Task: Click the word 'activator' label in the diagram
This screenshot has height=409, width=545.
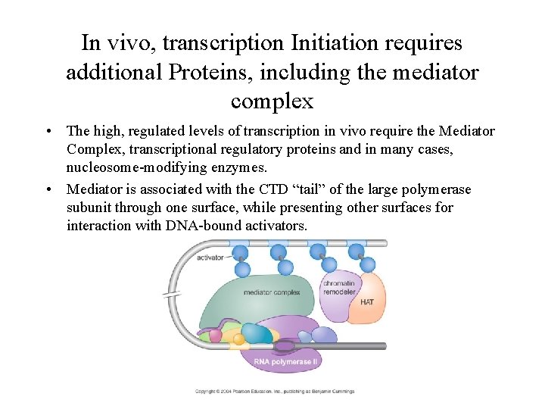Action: pyautogui.click(x=210, y=258)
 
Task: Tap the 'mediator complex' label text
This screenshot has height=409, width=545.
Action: pyautogui.click(x=272, y=292)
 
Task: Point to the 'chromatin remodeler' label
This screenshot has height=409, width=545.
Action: pyautogui.click(x=340, y=289)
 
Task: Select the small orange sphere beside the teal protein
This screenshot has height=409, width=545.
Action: pyautogui.click(x=238, y=339)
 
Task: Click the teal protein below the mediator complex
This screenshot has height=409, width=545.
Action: pyautogui.click(x=257, y=334)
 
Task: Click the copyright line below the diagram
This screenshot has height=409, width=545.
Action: pyautogui.click(x=274, y=391)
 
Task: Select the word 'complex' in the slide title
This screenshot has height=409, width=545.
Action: pyautogui.click(x=272, y=100)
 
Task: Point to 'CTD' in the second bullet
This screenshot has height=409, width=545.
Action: pyautogui.click(x=274, y=189)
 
